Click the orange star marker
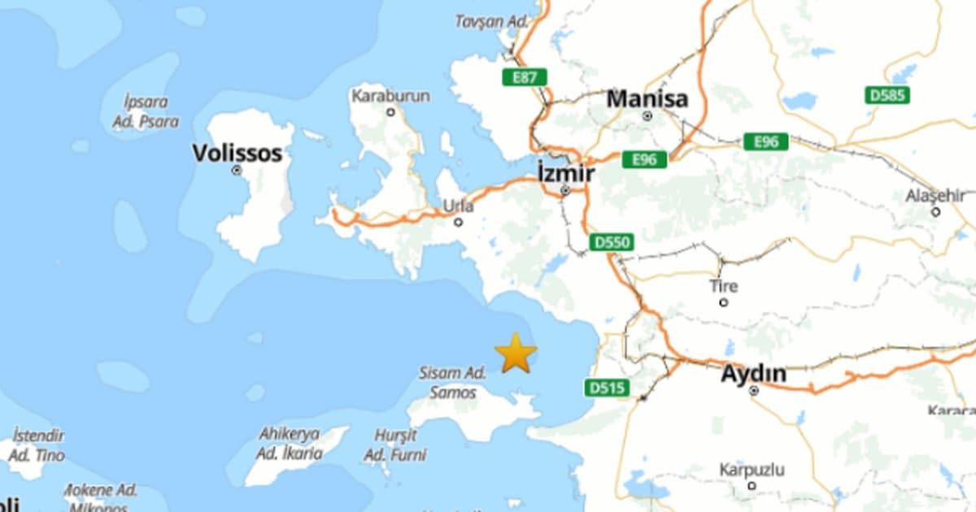[x=516, y=354]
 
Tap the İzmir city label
[x=565, y=172]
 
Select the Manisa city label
[x=647, y=99]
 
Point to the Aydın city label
[x=753, y=374]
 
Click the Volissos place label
[x=237, y=153]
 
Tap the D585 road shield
[x=887, y=95]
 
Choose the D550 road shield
[x=612, y=242]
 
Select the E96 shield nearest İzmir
[x=644, y=159]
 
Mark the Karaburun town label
[x=390, y=96]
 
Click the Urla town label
[x=458, y=206]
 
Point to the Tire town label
[x=723, y=286]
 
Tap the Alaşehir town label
[x=935, y=196]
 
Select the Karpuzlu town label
[x=752, y=470]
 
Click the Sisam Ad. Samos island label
[x=452, y=381]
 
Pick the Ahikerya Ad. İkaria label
[x=290, y=444]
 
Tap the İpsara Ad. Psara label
[x=146, y=112]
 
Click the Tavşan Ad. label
[x=491, y=22]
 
